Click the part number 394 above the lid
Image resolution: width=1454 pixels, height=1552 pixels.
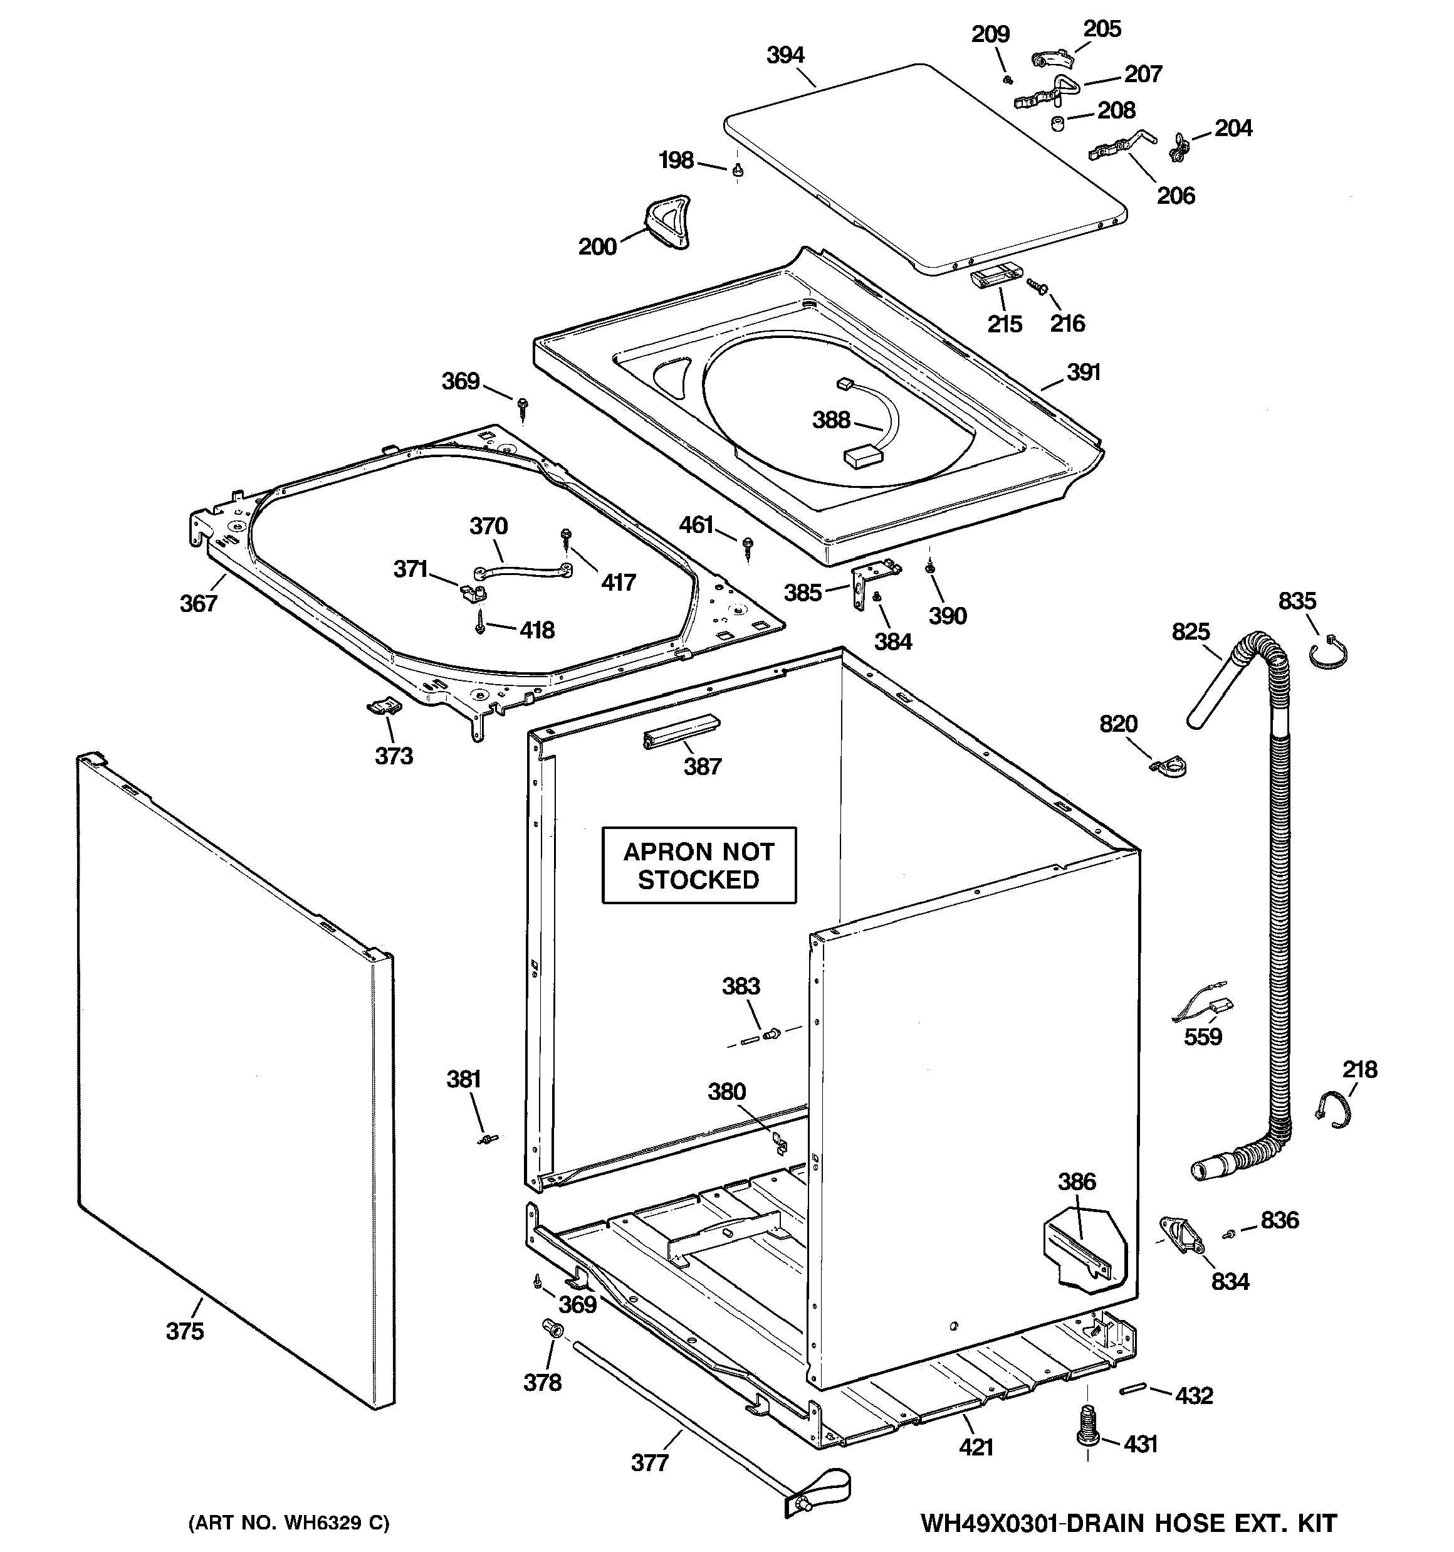click(785, 55)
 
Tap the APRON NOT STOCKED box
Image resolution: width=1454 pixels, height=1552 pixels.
click(699, 865)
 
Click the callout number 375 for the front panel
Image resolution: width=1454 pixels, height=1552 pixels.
click(185, 1330)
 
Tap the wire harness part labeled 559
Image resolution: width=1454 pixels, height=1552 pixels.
click(1200, 1008)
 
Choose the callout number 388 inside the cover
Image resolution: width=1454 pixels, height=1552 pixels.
click(830, 420)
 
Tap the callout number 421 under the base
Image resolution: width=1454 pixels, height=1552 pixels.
click(976, 1447)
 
